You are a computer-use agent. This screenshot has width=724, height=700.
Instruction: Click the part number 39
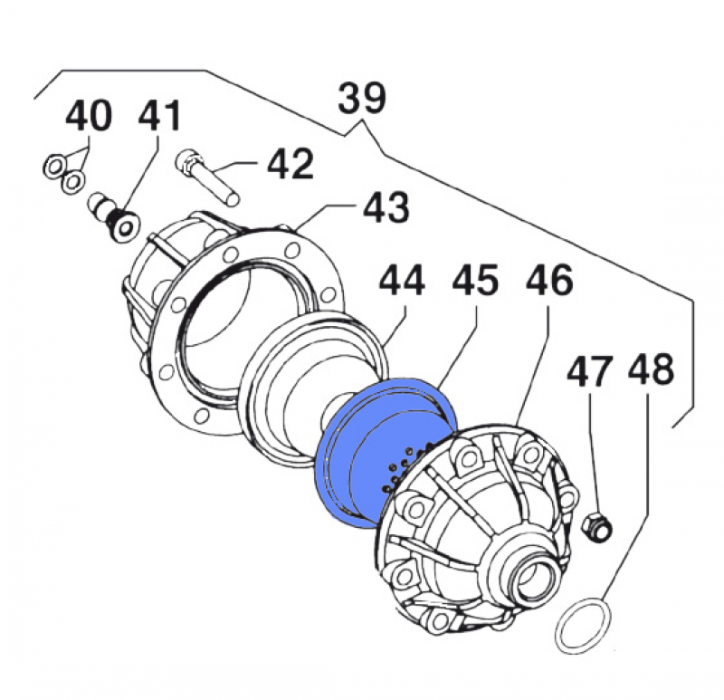pos(363,98)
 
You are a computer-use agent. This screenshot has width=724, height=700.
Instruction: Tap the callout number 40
pos(89,117)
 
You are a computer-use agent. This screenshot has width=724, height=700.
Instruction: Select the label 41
pos(159,117)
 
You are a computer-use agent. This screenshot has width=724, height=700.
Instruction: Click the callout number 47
pos(589,372)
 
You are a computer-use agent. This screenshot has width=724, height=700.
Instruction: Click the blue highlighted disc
pos(353,453)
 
